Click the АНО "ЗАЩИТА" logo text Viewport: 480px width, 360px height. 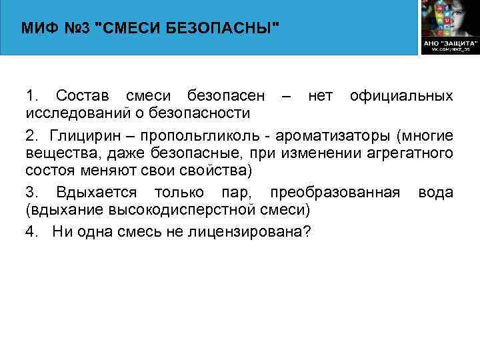449,42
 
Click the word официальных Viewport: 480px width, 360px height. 401,96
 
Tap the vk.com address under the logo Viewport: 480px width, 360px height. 450,49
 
